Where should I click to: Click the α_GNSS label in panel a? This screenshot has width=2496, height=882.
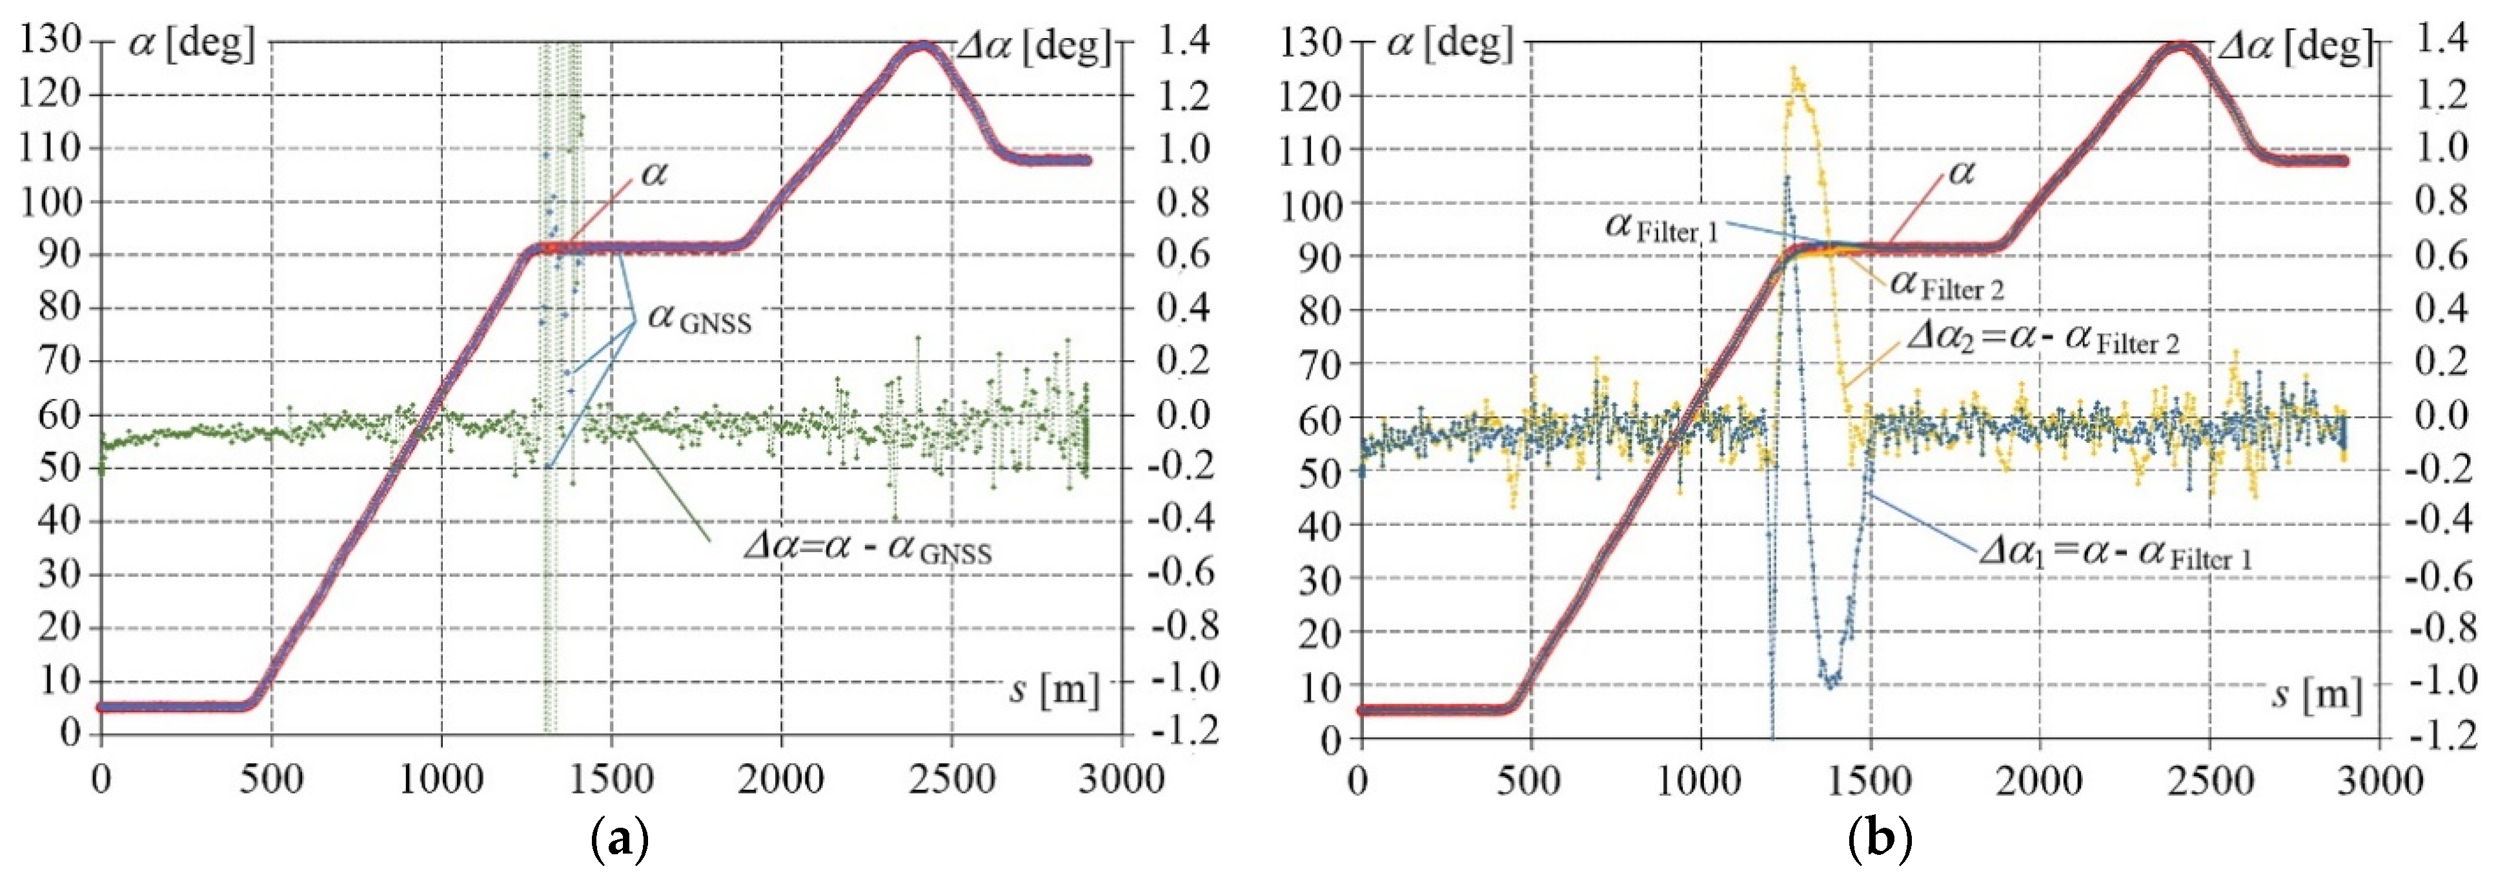click(700, 318)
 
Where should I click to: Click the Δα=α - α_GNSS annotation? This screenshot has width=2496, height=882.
click(868, 549)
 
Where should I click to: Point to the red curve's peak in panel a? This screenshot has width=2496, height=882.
click(922, 46)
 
